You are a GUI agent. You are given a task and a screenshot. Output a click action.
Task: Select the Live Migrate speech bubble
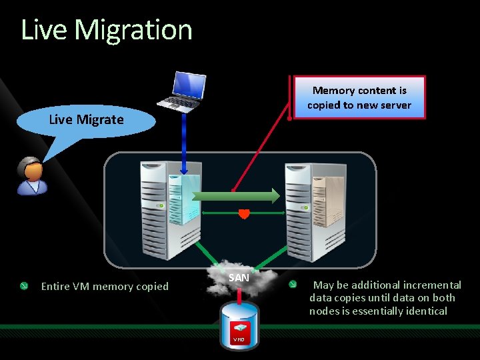[x=87, y=120]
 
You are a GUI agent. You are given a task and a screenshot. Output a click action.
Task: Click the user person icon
[x=30, y=176]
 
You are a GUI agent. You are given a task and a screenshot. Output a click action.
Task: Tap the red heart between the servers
[x=244, y=214]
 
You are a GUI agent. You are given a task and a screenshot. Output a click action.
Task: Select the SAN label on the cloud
[x=239, y=277]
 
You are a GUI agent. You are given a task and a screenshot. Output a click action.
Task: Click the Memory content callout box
[x=359, y=97]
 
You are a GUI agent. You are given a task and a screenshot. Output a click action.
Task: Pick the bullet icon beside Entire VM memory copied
[x=23, y=286]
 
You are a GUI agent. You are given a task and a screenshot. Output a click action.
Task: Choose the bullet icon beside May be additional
[x=292, y=285]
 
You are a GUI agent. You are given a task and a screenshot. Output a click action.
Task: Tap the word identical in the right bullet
[x=425, y=311]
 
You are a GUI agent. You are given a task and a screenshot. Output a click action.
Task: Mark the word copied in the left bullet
[x=152, y=287]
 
